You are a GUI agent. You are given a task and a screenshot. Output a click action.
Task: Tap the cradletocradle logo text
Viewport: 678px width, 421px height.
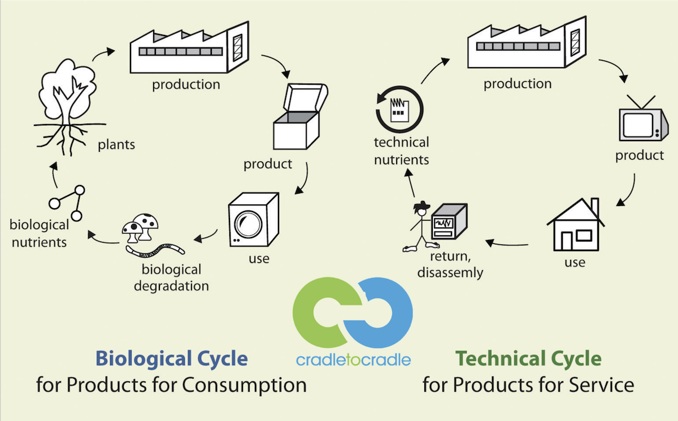[x=354, y=359]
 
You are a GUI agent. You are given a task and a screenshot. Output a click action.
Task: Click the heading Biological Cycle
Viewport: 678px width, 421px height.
[x=172, y=358]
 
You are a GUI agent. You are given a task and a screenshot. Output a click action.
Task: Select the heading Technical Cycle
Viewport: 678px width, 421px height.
[x=528, y=358]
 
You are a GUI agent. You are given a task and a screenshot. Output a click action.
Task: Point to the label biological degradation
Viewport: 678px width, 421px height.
[x=171, y=278]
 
